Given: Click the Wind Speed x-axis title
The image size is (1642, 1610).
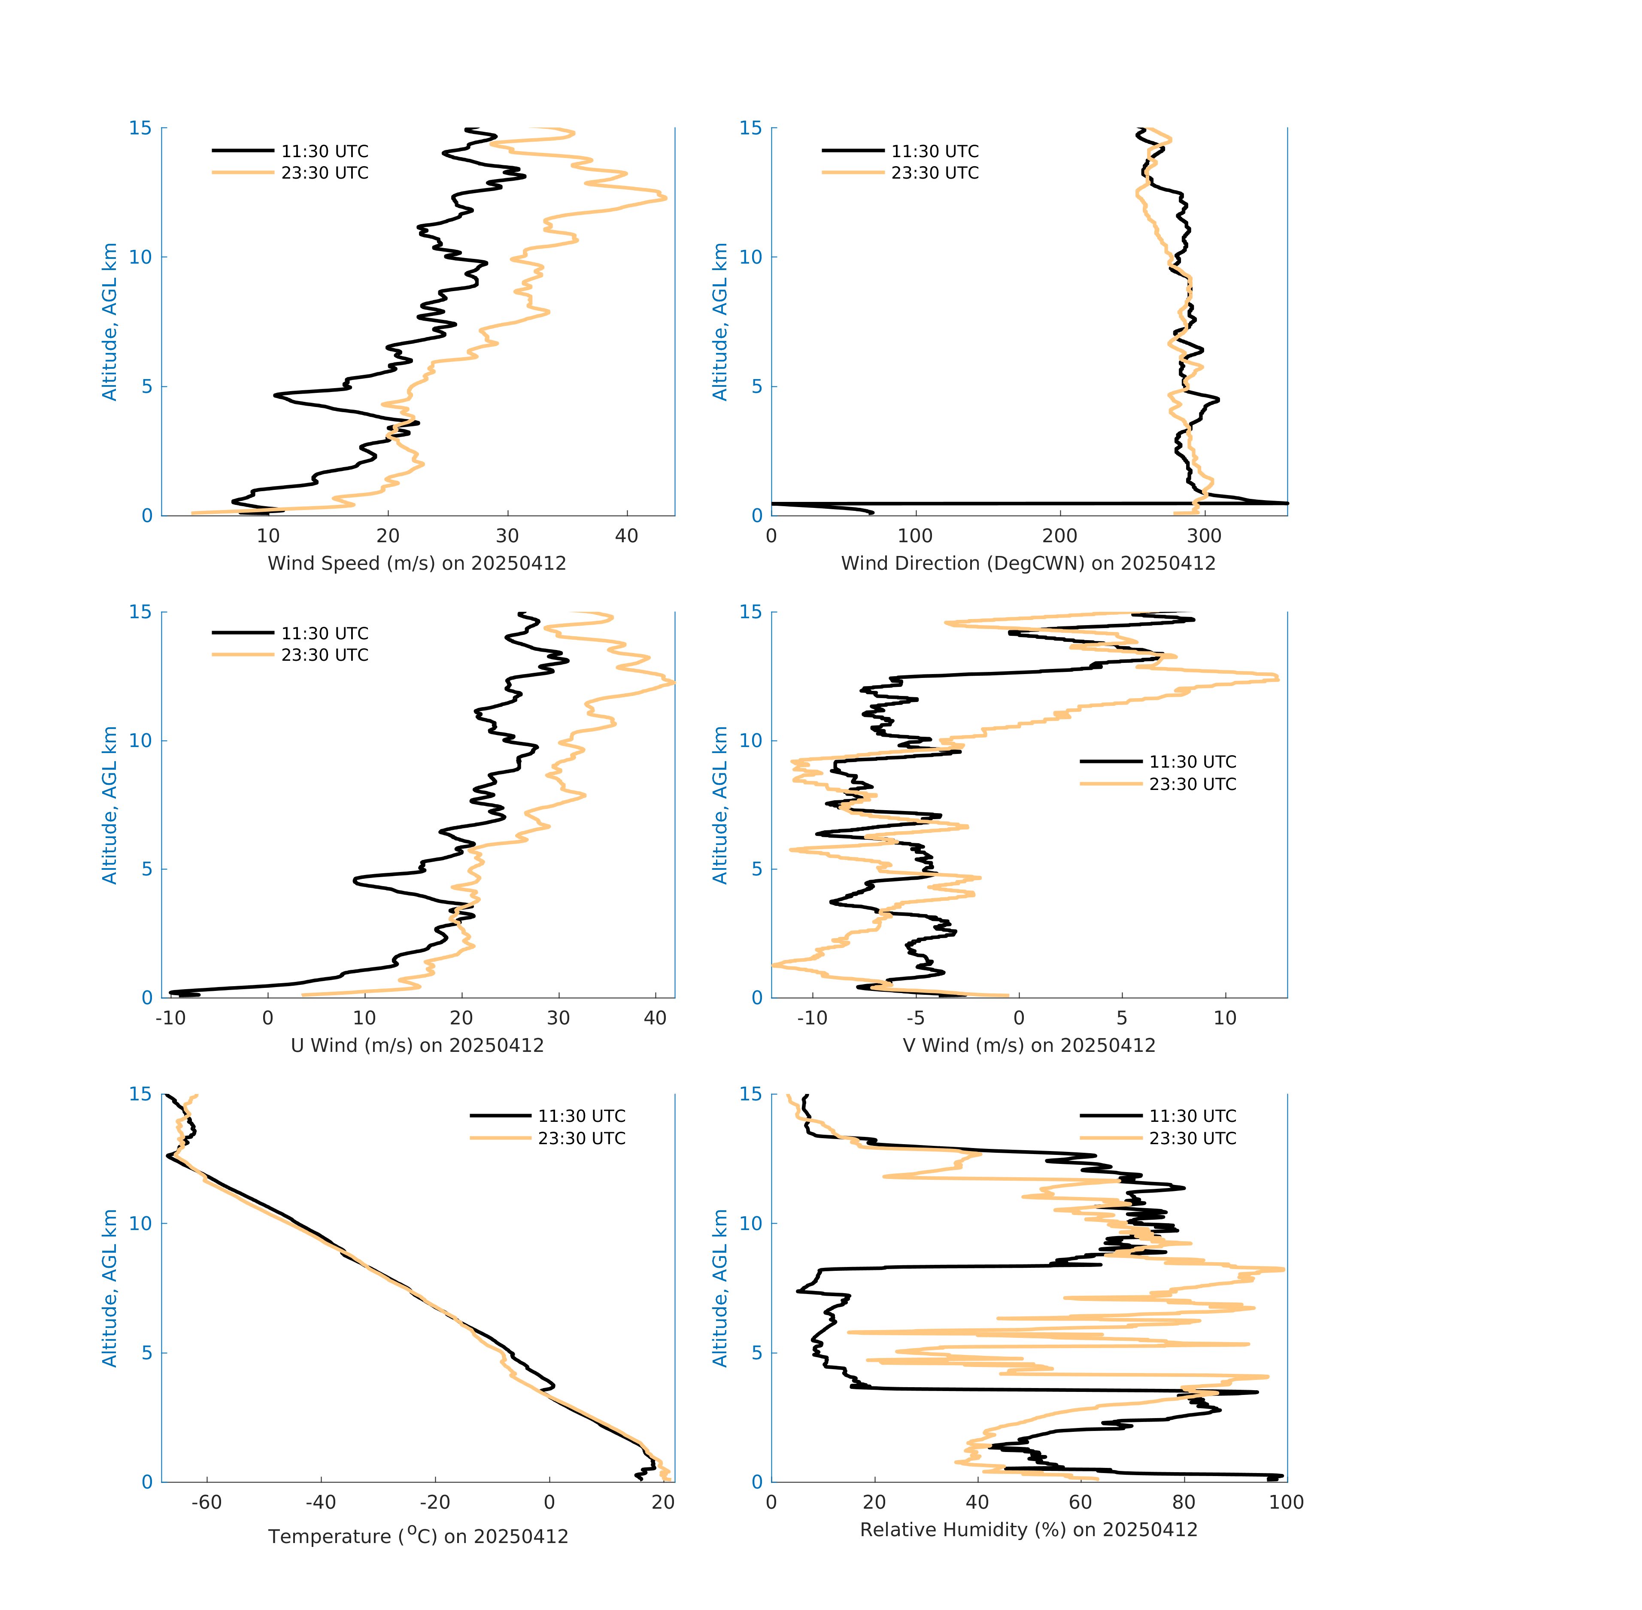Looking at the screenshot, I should (x=417, y=563).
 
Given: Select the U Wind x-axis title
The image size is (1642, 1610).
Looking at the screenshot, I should (x=417, y=1045).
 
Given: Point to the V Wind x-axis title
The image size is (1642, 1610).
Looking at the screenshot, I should (x=1028, y=1045).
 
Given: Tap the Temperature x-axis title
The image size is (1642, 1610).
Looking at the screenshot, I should (x=418, y=1536).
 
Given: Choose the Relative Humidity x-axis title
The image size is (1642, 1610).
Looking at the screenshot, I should (x=1028, y=1529).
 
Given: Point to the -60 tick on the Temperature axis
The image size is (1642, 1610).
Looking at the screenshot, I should (x=206, y=1502).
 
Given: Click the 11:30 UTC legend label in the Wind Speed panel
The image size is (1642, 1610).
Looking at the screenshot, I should (x=325, y=152).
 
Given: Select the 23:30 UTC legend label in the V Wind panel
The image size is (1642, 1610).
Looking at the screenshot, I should (x=1192, y=784).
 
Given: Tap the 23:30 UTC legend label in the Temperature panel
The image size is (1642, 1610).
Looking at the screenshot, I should (x=582, y=1138).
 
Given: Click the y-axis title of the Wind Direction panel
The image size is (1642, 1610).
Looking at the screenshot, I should (x=719, y=321).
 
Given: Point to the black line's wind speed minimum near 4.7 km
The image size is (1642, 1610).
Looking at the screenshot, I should (x=275, y=395).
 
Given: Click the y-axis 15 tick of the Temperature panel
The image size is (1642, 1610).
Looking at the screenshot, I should (x=140, y=1094).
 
